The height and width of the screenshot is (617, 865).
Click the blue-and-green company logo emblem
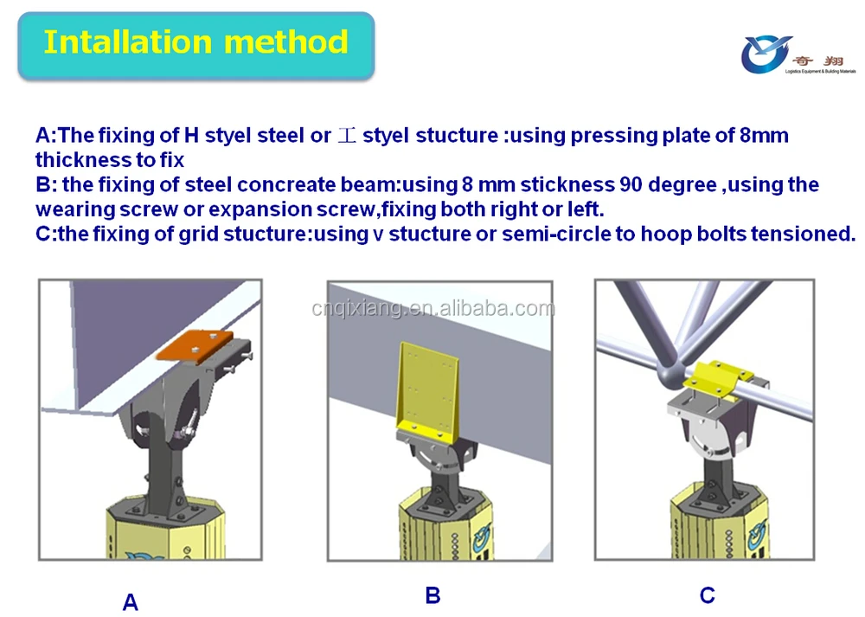pyautogui.click(x=766, y=55)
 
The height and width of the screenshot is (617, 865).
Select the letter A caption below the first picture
pyautogui.click(x=131, y=602)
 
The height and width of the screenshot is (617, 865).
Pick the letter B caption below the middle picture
pyautogui.click(x=432, y=595)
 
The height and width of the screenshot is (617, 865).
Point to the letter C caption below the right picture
pyautogui.click(x=708, y=595)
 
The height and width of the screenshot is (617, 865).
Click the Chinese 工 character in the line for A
pyautogui.click(x=347, y=136)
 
